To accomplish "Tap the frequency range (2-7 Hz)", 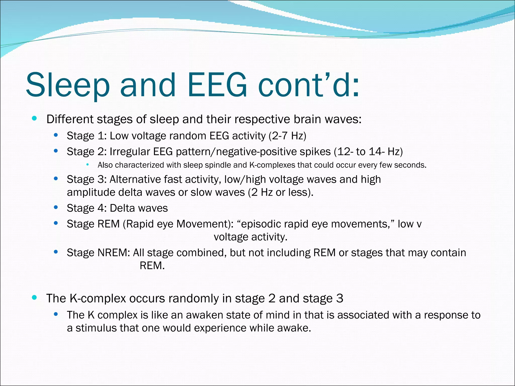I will tap(287, 136).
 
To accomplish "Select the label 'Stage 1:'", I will tap(87, 136).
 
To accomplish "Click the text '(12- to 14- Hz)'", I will tap(368, 152).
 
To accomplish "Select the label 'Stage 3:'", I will tap(87, 179).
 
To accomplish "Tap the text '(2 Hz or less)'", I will tap(280, 192).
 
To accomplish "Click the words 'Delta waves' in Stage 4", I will tap(139, 208).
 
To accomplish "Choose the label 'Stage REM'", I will tap(93, 224).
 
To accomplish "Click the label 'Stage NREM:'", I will tap(98, 253).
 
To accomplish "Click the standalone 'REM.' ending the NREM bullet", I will tap(152, 266).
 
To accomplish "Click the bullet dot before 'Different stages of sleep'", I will tap(34, 118).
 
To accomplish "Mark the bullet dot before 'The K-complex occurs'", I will tap(34, 298).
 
